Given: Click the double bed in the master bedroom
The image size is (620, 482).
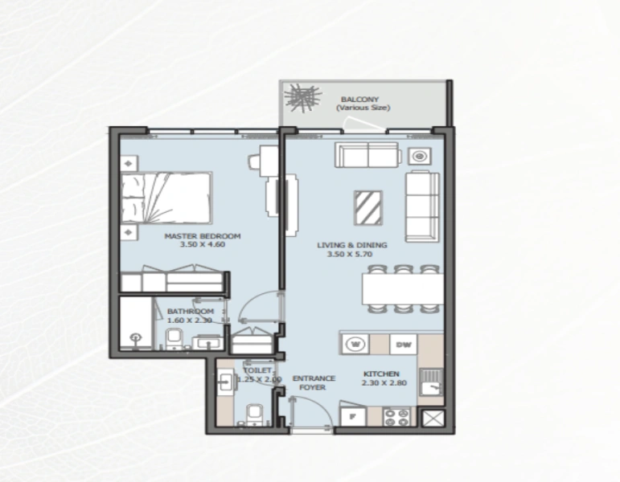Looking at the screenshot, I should tap(167, 196).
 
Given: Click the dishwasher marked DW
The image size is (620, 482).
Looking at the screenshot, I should tap(403, 345).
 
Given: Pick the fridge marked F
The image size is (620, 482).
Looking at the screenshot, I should tap(351, 417).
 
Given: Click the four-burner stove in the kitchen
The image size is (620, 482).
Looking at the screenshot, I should tap(397, 417).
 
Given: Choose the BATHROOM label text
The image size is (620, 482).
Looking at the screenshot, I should tap(191, 311).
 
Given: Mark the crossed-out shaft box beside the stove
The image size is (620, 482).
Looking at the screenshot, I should tap(431, 418).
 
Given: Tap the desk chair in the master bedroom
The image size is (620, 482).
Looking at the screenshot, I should tap(255, 161).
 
